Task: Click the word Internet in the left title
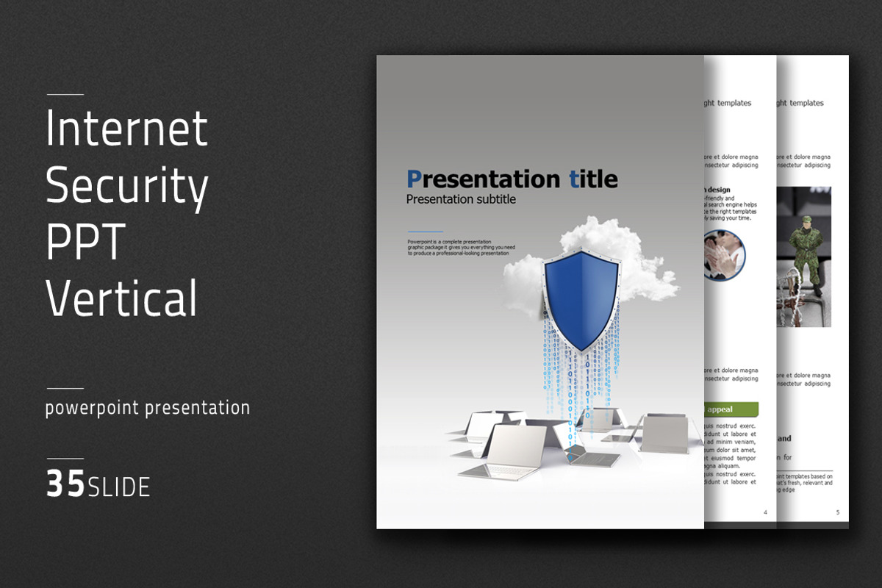126,129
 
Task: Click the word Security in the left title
126,187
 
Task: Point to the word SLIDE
119,487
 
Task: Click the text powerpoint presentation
147,408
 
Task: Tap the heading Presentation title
512,179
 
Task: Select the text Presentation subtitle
461,199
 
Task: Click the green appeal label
731,409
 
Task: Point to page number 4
765,512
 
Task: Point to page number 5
837,512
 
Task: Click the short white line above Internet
65,94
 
